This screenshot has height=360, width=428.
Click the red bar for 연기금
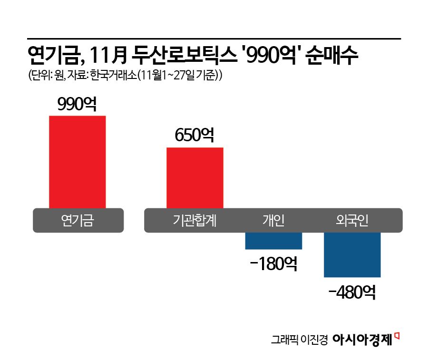point(78,162)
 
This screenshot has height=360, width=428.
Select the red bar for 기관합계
point(195,178)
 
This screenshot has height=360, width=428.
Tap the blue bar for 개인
point(273,241)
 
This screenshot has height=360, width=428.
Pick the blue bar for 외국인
point(352,254)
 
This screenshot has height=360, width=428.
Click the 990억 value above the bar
point(77,104)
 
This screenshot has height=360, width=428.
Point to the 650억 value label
point(195,136)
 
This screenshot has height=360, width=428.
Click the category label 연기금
point(78,221)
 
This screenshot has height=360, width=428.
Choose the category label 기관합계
point(194,221)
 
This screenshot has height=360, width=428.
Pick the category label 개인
point(273,221)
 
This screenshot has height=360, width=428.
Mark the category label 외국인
point(352,221)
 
